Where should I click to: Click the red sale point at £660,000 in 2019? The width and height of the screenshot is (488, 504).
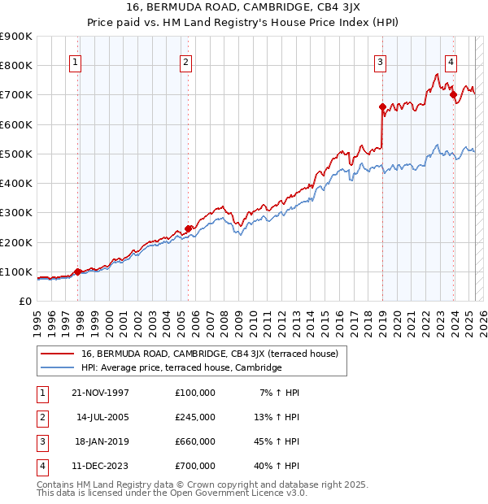pos(382,106)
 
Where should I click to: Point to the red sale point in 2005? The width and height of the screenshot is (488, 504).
pos(188,228)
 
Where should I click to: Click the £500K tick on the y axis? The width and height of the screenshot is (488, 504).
pos(16,154)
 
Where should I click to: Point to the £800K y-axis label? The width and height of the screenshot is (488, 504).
pos(16,65)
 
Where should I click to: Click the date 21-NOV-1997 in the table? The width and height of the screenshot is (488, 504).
pos(100,393)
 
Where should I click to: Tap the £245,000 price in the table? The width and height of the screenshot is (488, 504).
pos(194,417)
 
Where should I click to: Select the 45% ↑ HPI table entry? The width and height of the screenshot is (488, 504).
pos(276,441)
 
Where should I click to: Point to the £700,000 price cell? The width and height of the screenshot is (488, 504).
pos(194,466)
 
